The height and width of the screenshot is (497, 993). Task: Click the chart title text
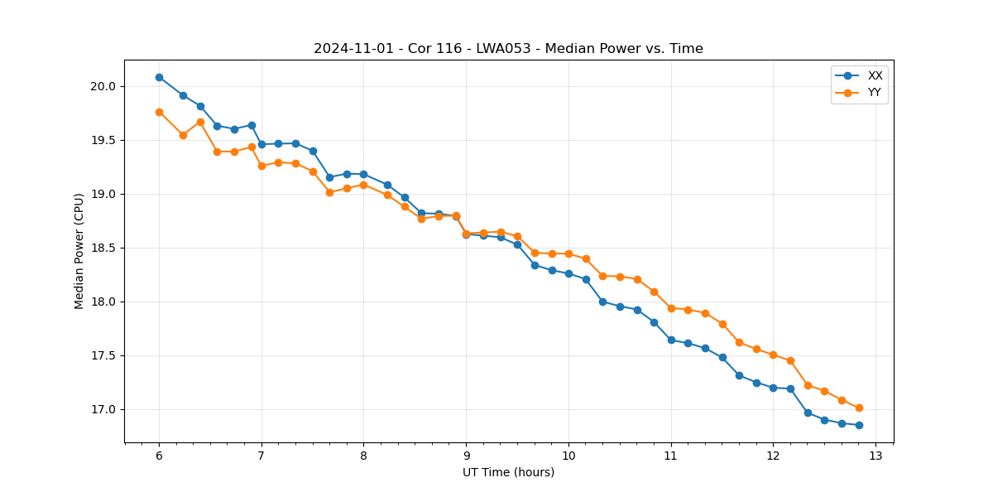point(508,49)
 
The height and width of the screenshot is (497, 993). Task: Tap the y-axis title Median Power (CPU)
point(79,251)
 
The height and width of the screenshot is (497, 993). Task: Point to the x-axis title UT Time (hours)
point(508,472)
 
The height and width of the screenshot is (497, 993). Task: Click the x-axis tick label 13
point(875,456)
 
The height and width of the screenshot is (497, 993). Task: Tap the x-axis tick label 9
point(466,456)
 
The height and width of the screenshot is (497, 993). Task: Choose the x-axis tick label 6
point(159,456)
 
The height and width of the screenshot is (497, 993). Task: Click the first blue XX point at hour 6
point(159,77)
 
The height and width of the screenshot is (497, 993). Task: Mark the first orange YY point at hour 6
point(159,112)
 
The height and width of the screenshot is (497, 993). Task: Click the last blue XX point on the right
point(859,425)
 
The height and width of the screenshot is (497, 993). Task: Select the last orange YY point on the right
point(859,408)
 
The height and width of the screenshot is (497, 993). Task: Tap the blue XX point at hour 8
point(363,174)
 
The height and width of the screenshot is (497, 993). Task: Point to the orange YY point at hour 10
point(568,253)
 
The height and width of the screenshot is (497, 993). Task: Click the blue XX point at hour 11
point(671,340)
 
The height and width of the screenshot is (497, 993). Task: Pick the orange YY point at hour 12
point(773,355)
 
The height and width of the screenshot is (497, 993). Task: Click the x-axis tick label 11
point(671,456)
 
